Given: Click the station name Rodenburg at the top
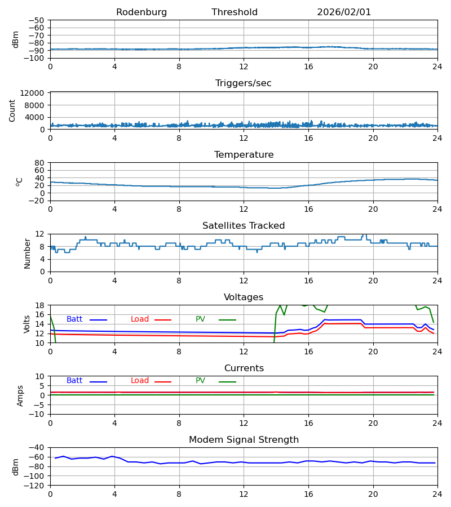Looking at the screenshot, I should pos(142,12).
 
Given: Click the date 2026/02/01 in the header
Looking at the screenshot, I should pos(344,12).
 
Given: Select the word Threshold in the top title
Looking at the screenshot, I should pos(235,12).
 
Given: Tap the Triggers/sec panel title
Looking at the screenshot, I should pos(244,83).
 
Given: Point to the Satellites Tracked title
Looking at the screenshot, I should pos(244,226).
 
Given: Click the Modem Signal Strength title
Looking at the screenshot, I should pos(244,440).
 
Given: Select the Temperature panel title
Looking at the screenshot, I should pos(244,155).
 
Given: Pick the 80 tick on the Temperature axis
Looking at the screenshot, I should pos(39,163).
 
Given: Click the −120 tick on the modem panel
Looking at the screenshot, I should pos(35,485).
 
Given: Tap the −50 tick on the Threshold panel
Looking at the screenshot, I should pos(37,20).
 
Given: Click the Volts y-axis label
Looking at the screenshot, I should pos(27,324).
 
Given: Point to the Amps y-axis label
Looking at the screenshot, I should pos(20,395).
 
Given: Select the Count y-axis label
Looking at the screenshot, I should pos(12,110).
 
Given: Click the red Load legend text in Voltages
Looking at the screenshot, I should pos(140,319).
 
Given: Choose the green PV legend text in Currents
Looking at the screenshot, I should pos(200,381).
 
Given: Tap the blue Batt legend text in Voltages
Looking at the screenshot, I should pos(74,319).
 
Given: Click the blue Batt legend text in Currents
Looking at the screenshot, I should pos(74,381).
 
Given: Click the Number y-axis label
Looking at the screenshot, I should pos(27,253).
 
